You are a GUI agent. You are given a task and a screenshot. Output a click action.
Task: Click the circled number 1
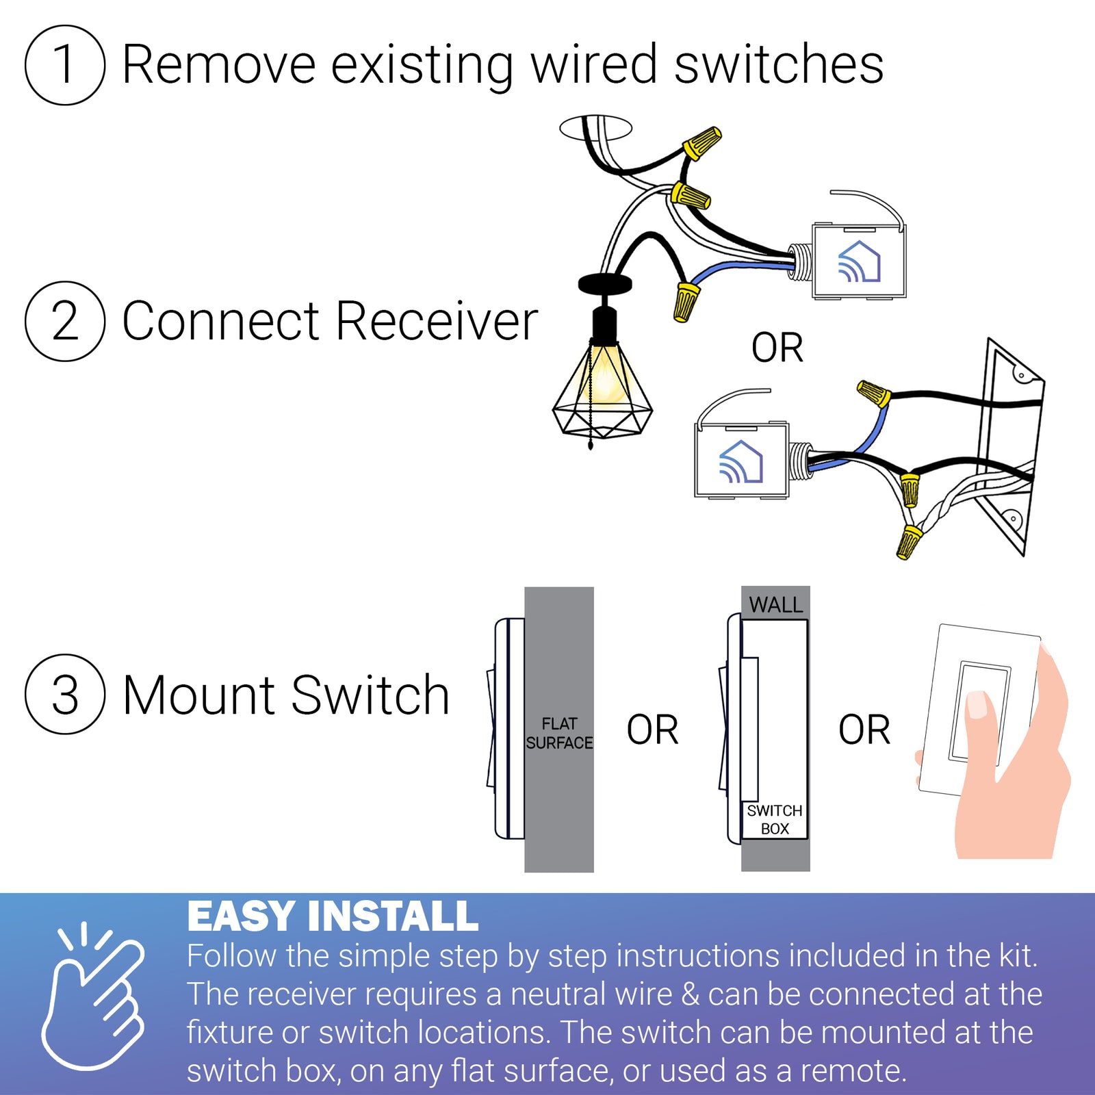(x=65, y=65)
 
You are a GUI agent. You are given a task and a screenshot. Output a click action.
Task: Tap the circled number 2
(x=65, y=321)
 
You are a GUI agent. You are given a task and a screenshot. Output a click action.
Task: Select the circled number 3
(x=65, y=695)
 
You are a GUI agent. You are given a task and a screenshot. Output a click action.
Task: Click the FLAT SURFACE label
(x=559, y=733)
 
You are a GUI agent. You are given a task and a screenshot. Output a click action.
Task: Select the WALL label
(x=775, y=605)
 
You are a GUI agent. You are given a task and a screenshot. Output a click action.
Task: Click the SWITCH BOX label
(x=775, y=819)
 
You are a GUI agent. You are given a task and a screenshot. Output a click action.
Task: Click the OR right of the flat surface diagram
(x=652, y=730)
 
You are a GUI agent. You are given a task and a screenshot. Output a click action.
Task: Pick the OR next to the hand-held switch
(x=864, y=730)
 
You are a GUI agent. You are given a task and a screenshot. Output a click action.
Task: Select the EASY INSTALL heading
(x=333, y=916)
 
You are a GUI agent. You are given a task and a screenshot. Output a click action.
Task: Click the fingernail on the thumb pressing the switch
(x=977, y=705)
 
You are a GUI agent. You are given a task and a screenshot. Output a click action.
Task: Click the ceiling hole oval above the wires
(x=595, y=127)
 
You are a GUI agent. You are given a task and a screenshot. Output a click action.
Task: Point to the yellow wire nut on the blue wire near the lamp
(x=686, y=302)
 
